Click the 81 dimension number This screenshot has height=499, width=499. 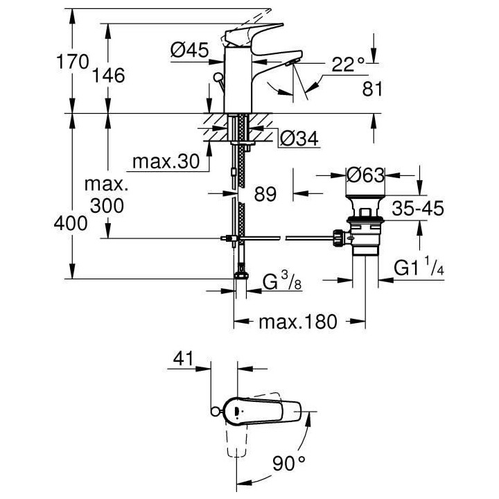click(x=374, y=89)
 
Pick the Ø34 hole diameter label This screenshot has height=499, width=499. click(x=299, y=139)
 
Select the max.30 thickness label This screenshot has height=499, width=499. click(x=166, y=163)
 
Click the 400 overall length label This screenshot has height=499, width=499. click(x=73, y=224)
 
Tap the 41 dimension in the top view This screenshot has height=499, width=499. click(x=181, y=359)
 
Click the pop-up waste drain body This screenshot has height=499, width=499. click(x=365, y=228)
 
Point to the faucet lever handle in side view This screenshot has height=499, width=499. click(x=250, y=35)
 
